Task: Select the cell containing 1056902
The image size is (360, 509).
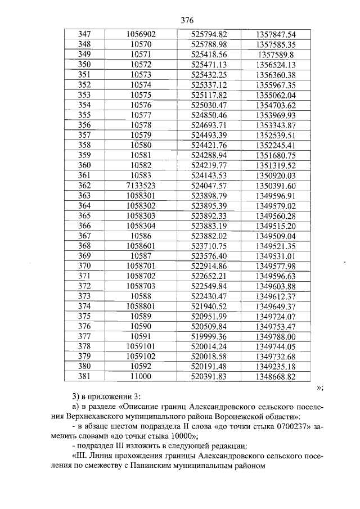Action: [141, 35]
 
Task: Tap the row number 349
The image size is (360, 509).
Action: [84, 55]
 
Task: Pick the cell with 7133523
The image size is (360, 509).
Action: [141, 185]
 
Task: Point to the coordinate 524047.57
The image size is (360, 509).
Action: [209, 185]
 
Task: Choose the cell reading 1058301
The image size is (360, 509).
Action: [141, 195]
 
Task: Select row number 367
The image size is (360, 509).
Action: [84, 236]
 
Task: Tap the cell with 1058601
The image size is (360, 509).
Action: [141, 246]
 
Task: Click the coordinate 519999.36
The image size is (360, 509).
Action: [209, 336]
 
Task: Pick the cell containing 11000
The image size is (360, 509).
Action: [141, 376]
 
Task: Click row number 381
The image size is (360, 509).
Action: [84, 376]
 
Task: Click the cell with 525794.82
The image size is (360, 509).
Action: [209, 35]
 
